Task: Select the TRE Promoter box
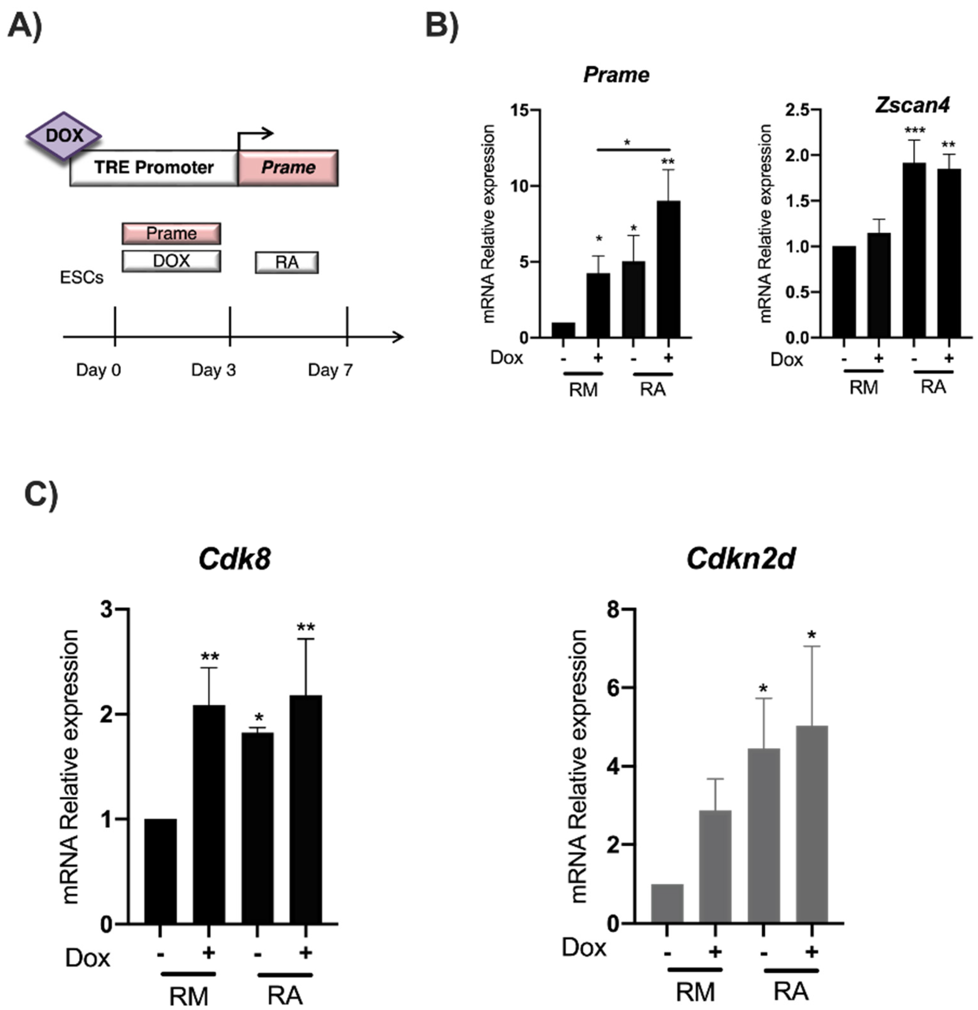pyautogui.click(x=153, y=167)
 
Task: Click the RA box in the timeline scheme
pyautogui.click(x=287, y=262)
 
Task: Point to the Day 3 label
pyautogui.click(x=213, y=370)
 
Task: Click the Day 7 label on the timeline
pyautogui.click(x=330, y=370)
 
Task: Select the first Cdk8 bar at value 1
pyautogui.click(x=160, y=871)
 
